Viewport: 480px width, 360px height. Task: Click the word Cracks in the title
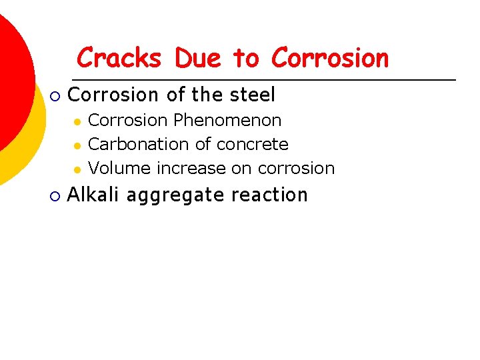tap(119, 58)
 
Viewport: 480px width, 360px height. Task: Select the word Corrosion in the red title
tap(329, 58)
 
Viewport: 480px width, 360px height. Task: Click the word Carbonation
tap(136, 144)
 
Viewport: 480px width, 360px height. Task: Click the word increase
tap(191, 168)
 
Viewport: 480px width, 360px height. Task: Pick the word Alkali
tap(93, 195)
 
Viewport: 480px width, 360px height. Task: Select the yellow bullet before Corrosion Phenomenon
tap(77, 121)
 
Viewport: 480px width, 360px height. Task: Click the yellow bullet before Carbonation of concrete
tap(77, 145)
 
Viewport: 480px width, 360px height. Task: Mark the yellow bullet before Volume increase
tap(77, 169)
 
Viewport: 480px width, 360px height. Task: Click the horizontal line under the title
tap(267, 80)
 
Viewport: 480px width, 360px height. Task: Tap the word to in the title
tap(245, 59)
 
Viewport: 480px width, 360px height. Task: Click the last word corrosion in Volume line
tap(296, 168)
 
